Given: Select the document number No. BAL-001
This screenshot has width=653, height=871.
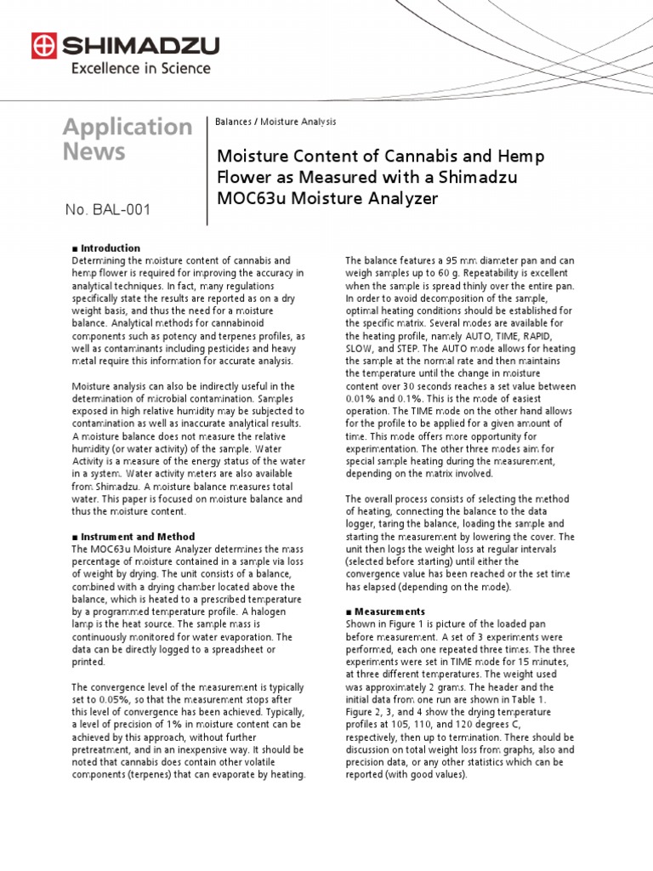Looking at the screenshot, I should click(108, 209).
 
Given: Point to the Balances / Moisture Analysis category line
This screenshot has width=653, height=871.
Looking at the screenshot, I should click(275, 122).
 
